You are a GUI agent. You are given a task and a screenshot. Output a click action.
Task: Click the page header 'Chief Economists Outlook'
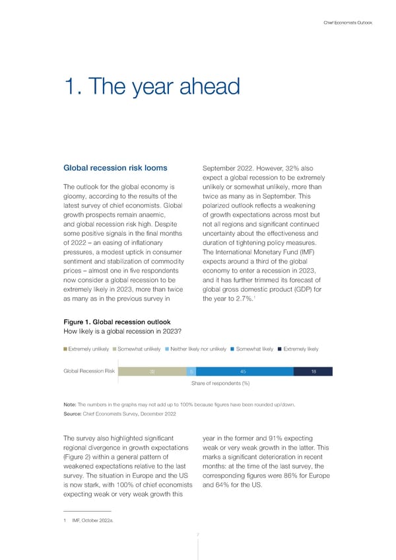pos(348,23)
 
